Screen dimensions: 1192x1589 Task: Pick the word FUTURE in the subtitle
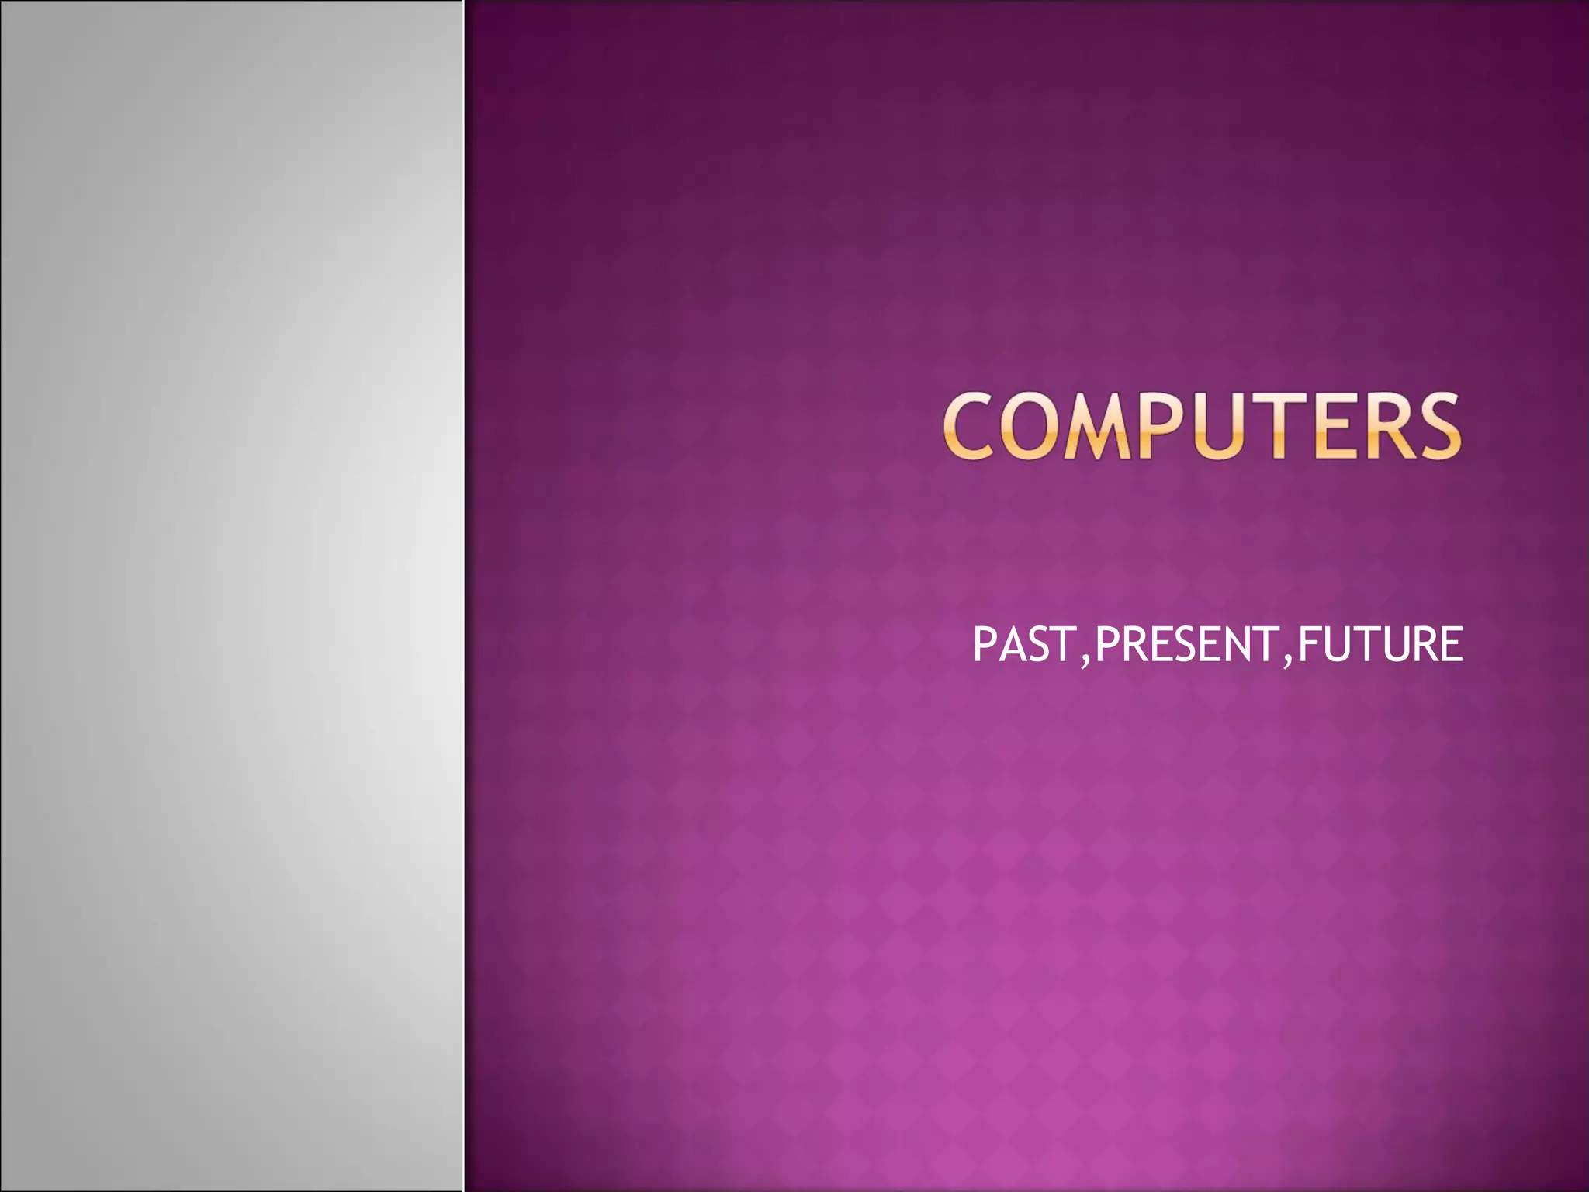1379,645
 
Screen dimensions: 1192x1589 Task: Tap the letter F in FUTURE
1308,645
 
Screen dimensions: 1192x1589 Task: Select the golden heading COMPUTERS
1202,426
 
